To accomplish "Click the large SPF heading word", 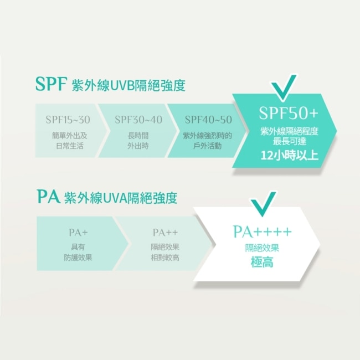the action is pos(51,84).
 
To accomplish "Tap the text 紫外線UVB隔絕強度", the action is pos(128,86).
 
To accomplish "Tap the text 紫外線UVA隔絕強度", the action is pos(121,198).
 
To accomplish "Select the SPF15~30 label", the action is pos(68,120).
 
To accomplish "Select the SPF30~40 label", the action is pos(138,120).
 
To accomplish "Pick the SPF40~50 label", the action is pos(208,120).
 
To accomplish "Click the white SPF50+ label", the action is pos(289,113).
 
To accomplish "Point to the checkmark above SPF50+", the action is pos(284,88).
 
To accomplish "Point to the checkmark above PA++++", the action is pos(263,204).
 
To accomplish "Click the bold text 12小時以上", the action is pos(290,155).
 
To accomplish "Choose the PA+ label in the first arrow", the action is pos(78,233).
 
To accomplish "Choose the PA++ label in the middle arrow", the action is pos(165,233).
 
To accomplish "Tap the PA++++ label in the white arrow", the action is pos(263,232).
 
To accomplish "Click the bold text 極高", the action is pos(262,262).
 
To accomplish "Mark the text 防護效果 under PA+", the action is pos(78,258).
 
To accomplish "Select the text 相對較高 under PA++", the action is pos(165,258).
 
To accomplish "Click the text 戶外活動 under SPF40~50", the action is pos(207,146).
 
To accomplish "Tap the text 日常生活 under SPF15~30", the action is pos(70,146).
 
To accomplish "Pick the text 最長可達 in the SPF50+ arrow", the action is pos(290,141).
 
